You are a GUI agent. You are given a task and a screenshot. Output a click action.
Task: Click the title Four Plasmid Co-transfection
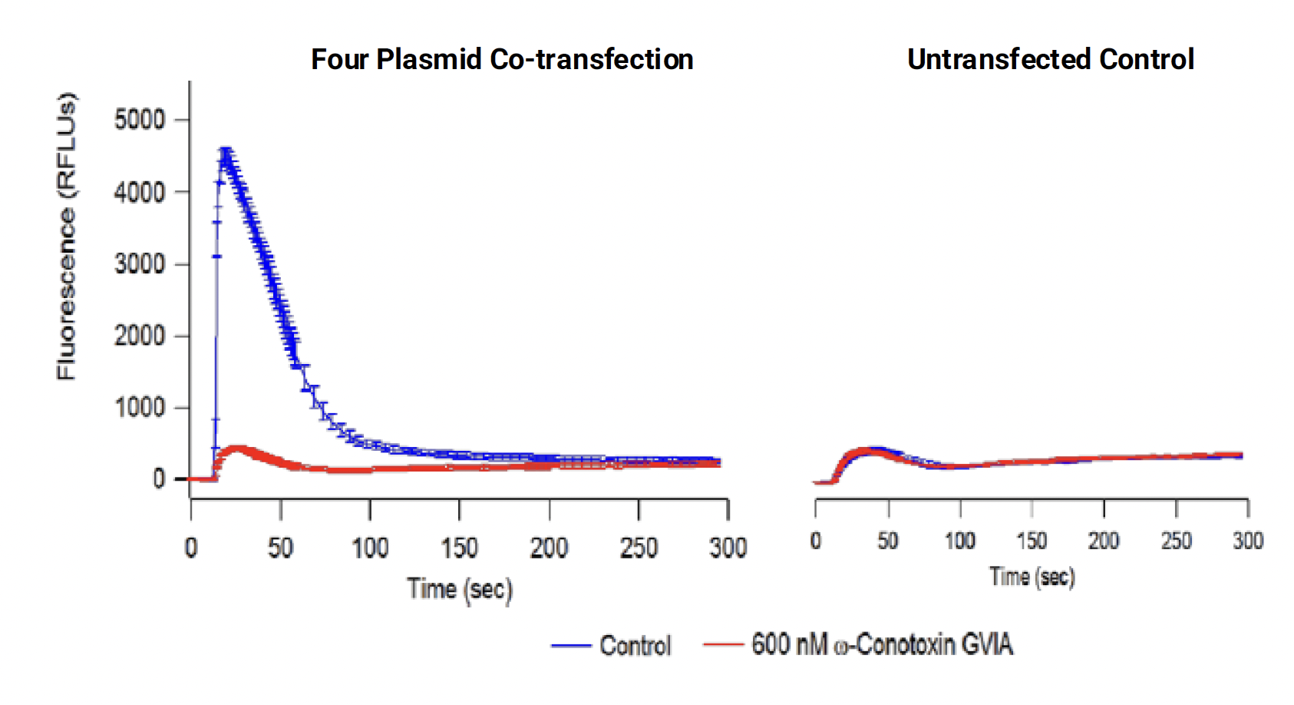coord(502,59)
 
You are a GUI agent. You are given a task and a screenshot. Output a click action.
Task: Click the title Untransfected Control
coord(1050,59)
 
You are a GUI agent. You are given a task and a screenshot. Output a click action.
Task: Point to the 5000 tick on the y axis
coord(139,120)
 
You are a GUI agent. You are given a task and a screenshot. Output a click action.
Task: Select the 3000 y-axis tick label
coord(139,264)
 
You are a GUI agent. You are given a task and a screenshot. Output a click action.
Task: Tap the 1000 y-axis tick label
coord(139,408)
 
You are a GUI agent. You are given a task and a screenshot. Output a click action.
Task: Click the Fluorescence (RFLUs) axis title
coord(67,236)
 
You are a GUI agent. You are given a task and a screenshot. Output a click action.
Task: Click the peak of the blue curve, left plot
coord(225,151)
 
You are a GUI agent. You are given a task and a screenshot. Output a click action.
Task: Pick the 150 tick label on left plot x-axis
coord(459,548)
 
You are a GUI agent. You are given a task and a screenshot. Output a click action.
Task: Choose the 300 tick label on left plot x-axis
coord(728,548)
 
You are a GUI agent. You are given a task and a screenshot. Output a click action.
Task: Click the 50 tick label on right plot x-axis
coord(888,541)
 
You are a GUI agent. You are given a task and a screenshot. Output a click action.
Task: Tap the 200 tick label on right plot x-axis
coord(1104,541)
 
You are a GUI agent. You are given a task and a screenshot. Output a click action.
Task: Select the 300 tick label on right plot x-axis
coord(1248,541)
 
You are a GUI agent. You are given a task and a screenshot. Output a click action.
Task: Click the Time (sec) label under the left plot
coord(459,589)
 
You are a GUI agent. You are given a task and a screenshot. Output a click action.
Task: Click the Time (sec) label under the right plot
coord(1032,576)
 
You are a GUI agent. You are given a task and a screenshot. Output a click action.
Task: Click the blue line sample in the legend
coord(571,646)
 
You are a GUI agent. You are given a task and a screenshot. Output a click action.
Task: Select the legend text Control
coord(635,646)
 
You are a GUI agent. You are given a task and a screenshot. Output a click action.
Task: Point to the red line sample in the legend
coord(723,644)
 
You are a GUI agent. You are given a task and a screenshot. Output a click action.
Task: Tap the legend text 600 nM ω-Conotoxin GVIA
coord(882,644)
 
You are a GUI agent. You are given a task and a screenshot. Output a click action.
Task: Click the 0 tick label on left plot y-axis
coord(158,479)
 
